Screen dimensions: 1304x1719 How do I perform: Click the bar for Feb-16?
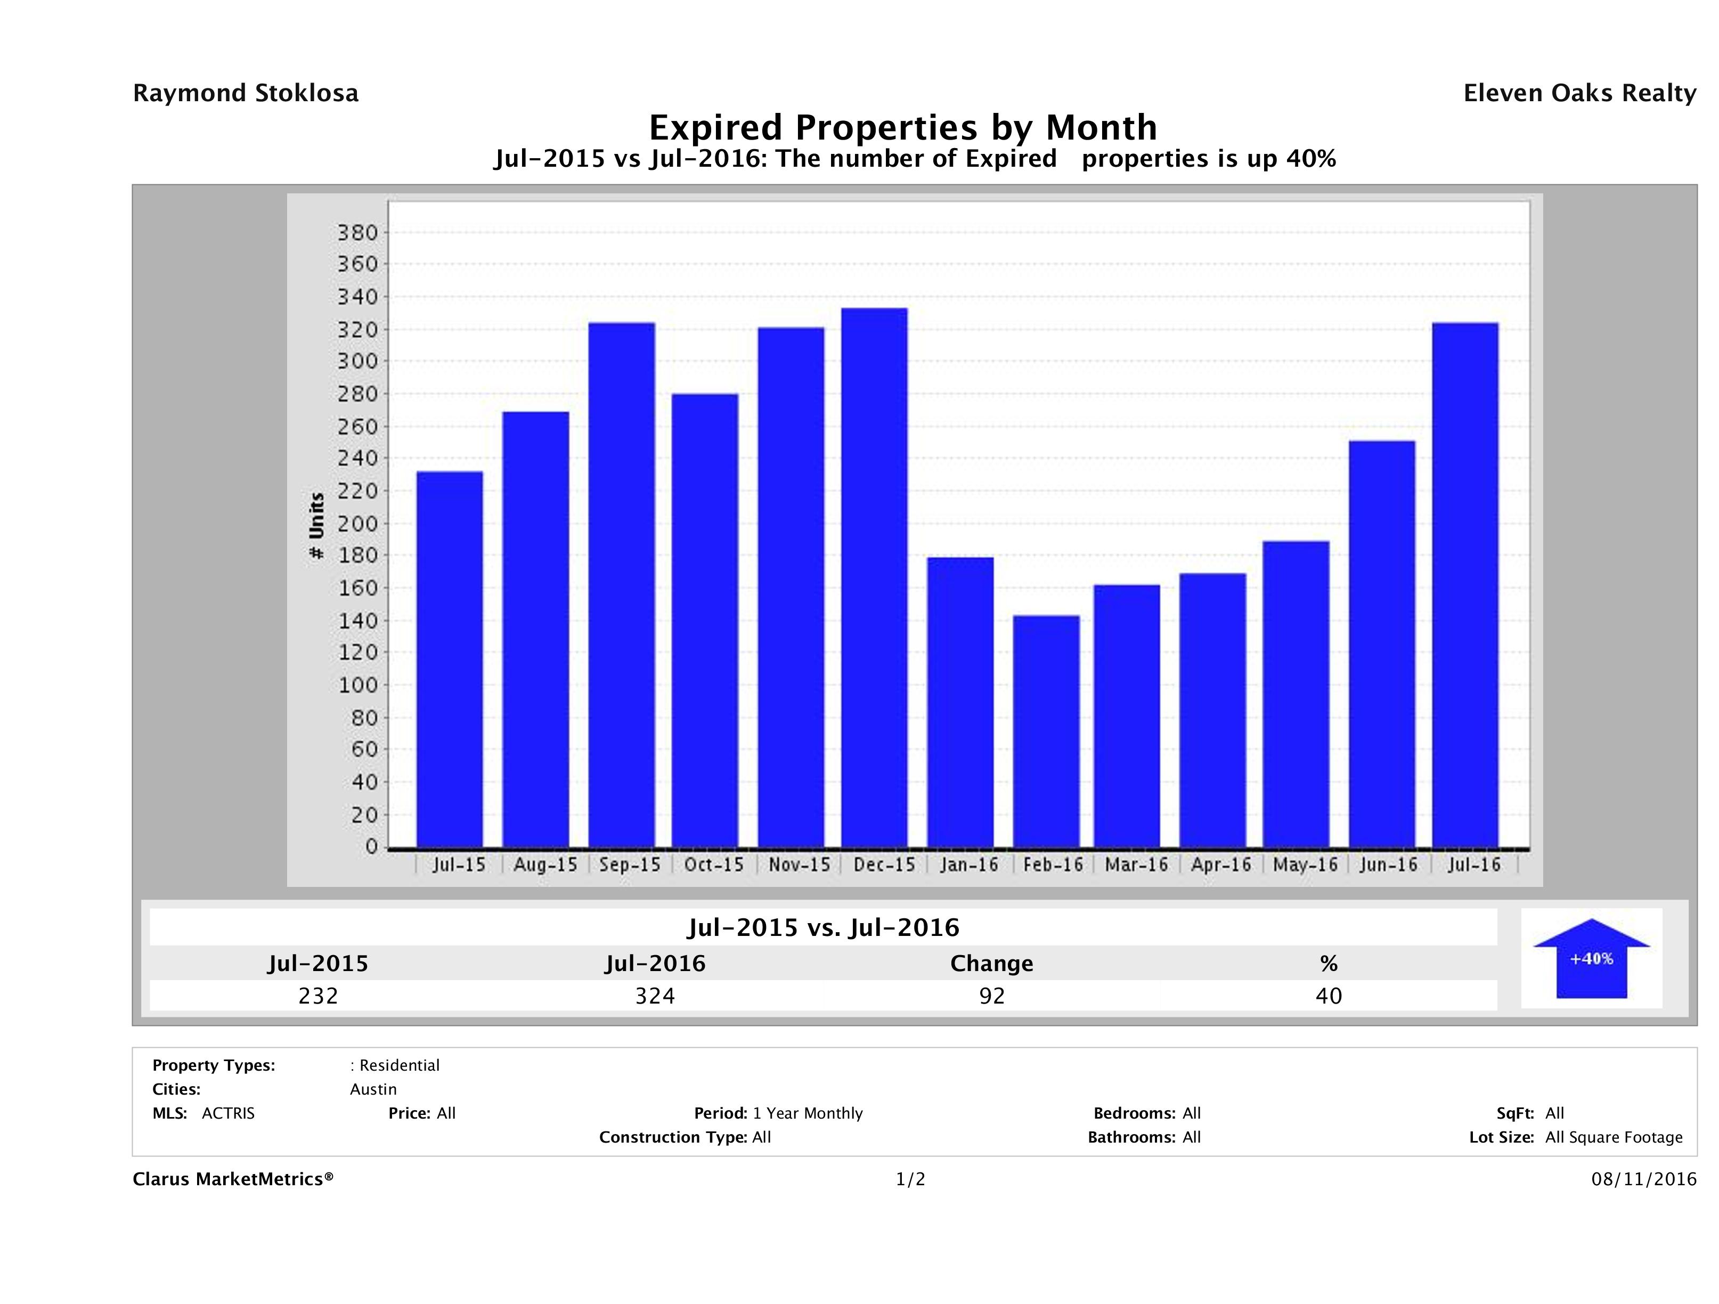(x=1046, y=731)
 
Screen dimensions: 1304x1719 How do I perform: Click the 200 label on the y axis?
(x=357, y=523)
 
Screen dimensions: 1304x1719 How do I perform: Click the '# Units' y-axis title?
(x=316, y=525)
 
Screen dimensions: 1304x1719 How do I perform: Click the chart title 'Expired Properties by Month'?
(x=902, y=127)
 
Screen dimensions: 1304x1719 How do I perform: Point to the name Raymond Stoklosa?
(x=246, y=93)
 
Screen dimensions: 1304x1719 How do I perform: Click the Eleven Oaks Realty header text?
(x=1579, y=93)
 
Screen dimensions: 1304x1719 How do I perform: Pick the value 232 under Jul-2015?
(x=318, y=996)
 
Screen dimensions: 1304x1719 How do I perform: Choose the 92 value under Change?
(x=992, y=996)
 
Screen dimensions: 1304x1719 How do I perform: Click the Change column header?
(x=992, y=964)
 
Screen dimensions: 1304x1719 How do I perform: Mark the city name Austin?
(x=373, y=1089)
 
